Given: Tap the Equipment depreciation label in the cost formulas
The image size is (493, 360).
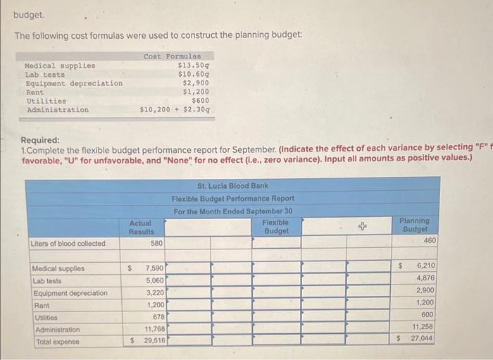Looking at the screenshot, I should click(74, 83).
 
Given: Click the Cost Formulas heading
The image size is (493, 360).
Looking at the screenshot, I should click(172, 56).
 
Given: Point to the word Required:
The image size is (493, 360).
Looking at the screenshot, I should click(40, 140).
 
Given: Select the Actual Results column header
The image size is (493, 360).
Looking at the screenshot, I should click(140, 227).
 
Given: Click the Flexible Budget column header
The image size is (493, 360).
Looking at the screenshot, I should click(275, 227).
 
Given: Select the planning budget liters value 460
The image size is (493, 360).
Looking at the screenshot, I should click(430, 241).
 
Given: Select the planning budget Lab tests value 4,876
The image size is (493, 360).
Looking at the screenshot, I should click(425, 278).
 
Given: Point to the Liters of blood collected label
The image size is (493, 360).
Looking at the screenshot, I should click(68, 244).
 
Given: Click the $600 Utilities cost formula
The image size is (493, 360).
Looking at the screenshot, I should click(200, 101).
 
